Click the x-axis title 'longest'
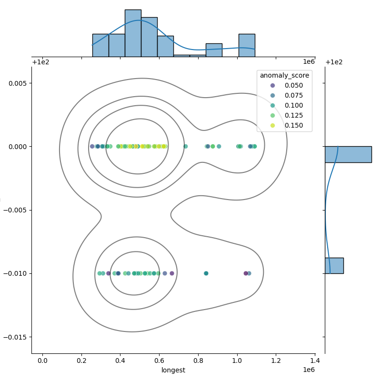point(173,370)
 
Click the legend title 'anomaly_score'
point(284,75)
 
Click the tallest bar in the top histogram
point(133,33)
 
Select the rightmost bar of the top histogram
point(247,45)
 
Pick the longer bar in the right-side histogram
point(348,154)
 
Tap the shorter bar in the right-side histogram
point(334,265)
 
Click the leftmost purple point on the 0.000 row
point(92,146)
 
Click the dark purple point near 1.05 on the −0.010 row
point(246,273)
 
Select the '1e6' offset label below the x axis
point(309,370)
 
